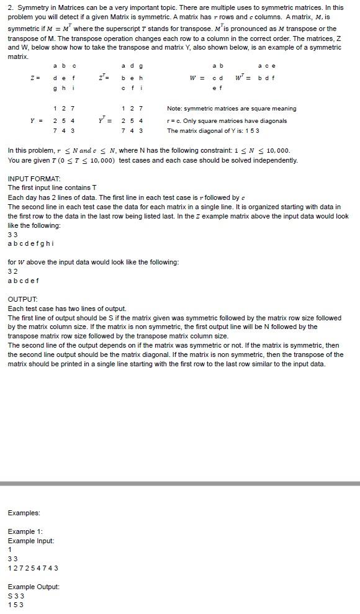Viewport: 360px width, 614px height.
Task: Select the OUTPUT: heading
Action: click(x=23, y=299)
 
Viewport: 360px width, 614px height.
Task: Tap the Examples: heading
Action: click(x=24, y=513)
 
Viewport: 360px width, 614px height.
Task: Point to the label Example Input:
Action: click(x=30, y=541)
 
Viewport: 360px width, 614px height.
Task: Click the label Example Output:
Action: click(x=34, y=587)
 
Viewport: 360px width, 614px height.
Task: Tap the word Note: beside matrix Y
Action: click(x=176, y=109)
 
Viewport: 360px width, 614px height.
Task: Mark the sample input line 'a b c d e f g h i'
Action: click(x=30, y=243)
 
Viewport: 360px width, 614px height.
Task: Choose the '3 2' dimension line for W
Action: click(x=12, y=271)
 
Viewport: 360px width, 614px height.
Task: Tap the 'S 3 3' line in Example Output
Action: click(x=16, y=596)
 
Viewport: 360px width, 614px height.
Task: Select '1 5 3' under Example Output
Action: click(x=16, y=605)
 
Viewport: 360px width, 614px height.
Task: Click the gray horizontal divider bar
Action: click(x=180, y=483)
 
